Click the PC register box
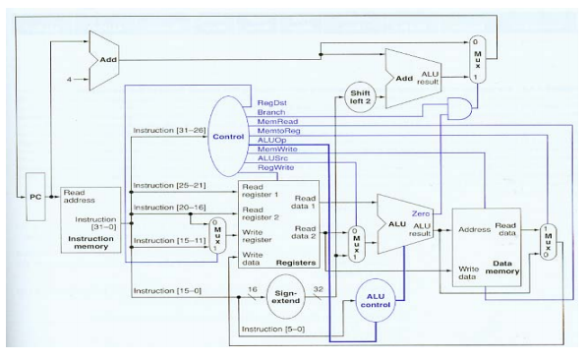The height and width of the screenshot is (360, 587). [36, 197]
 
